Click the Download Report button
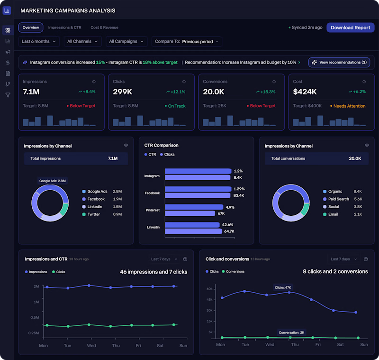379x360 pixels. [350, 28]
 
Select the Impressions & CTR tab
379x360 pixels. [65, 28]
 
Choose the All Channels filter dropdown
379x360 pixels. [82, 41]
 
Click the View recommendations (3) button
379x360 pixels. [339, 62]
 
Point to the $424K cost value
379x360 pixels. [305, 92]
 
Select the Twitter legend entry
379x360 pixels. [94, 214]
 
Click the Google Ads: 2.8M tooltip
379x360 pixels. [52, 181]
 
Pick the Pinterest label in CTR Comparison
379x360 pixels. [152, 209]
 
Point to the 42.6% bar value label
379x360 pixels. [227, 225]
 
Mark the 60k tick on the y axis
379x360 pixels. [209, 288]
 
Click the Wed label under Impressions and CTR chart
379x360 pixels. [91, 346]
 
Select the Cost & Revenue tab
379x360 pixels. [104, 28]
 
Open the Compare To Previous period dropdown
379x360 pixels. [187, 41]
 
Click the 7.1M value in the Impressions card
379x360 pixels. [31, 92]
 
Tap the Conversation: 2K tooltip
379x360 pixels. [291, 332]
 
